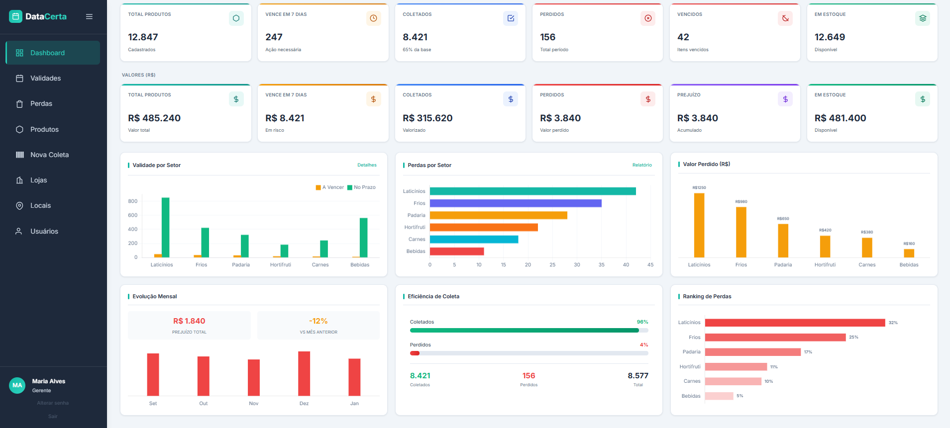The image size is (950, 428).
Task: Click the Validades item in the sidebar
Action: click(x=45, y=79)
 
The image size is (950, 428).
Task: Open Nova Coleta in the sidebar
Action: click(x=49, y=155)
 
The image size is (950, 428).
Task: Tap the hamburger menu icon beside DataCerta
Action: click(x=89, y=16)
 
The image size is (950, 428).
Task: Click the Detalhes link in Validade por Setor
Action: click(x=367, y=165)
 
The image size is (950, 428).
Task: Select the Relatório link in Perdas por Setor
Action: click(x=641, y=165)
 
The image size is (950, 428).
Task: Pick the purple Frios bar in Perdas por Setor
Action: click(x=515, y=203)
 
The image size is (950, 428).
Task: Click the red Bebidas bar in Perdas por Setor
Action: click(x=456, y=252)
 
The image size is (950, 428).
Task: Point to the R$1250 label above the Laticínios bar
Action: click(x=699, y=188)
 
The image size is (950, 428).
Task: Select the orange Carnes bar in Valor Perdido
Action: click(x=866, y=247)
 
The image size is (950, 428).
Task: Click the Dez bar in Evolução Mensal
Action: click(x=304, y=373)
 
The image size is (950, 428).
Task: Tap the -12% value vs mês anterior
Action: click(x=318, y=321)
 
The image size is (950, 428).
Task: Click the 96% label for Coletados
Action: click(x=642, y=322)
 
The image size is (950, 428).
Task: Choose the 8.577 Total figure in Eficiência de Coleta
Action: click(x=637, y=376)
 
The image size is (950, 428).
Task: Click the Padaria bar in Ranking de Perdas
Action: click(x=752, y=352)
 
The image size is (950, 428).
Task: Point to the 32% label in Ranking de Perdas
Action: click(x=893, y=323)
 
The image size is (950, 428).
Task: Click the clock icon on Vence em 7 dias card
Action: click(x=373, y=18)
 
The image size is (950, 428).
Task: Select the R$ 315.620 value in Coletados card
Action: click(x=427, y=118)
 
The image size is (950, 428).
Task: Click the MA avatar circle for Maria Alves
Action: click(x=17, y=385)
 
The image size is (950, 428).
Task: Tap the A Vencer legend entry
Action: click(x=330, y=187)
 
